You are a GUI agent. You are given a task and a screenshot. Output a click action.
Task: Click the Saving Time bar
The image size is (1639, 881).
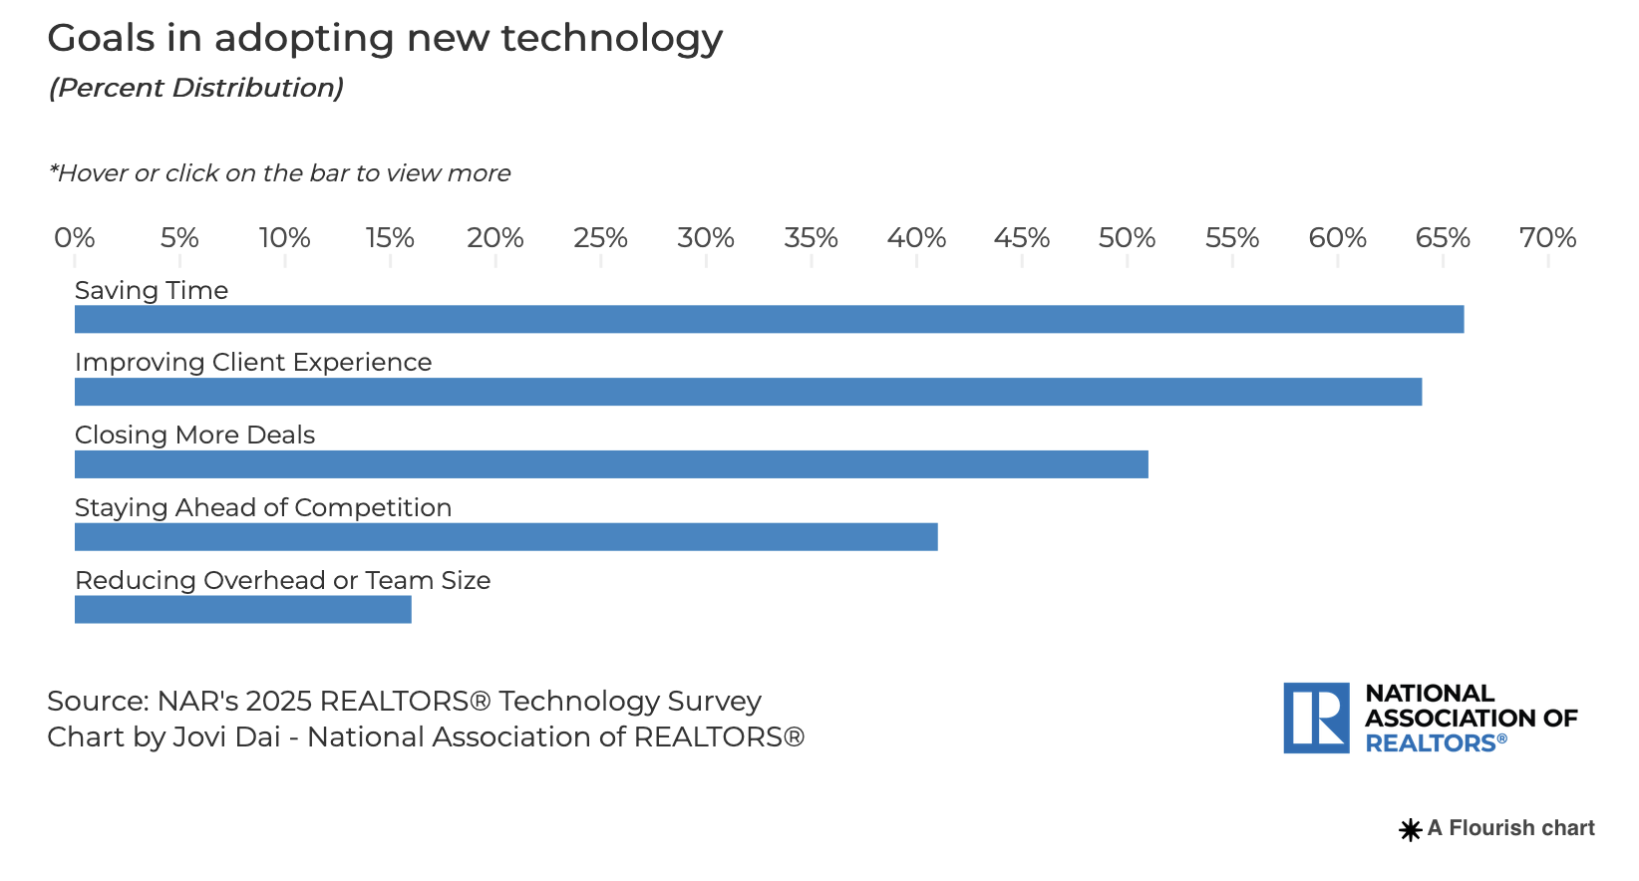tap(769, 319)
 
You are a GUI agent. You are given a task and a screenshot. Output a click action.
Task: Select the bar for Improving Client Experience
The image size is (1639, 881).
tap(748, 392)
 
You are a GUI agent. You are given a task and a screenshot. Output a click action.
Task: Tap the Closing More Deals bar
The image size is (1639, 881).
tap(611, 464)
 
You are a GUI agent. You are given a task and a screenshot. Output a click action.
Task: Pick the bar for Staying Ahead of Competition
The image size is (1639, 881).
tap(505, 537)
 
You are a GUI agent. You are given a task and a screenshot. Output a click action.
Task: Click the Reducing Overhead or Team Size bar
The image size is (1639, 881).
tap(242, 610)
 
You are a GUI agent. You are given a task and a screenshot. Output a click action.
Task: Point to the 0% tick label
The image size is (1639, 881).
tap(75, 238)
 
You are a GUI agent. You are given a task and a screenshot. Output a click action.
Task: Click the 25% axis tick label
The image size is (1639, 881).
tap(600, 238)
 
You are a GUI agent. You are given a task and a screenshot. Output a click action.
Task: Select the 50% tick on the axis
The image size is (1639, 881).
tap(1127, 238)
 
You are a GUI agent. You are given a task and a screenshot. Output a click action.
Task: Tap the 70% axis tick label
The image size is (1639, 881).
tap(1547, 238)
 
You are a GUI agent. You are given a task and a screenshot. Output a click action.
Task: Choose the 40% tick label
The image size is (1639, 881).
tap(916, 238)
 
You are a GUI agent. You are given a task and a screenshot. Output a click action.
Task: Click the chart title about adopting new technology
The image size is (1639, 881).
tap(385, 39)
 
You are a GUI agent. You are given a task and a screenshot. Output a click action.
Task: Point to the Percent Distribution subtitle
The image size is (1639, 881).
tap(196, 88)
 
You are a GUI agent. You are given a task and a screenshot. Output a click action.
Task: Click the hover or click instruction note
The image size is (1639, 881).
tap(279, 173)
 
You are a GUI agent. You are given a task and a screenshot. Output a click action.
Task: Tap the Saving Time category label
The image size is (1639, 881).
tap(152, 290)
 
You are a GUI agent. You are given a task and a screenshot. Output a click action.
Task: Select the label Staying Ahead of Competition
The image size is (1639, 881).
tap(263, 507)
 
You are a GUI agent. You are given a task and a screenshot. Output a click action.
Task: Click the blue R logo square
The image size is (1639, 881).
tap(1316, 718)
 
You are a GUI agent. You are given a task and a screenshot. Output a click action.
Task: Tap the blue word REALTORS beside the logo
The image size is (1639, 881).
tap(1431, 743)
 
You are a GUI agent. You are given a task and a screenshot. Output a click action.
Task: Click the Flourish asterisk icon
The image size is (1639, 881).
tap(1411, 829)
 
